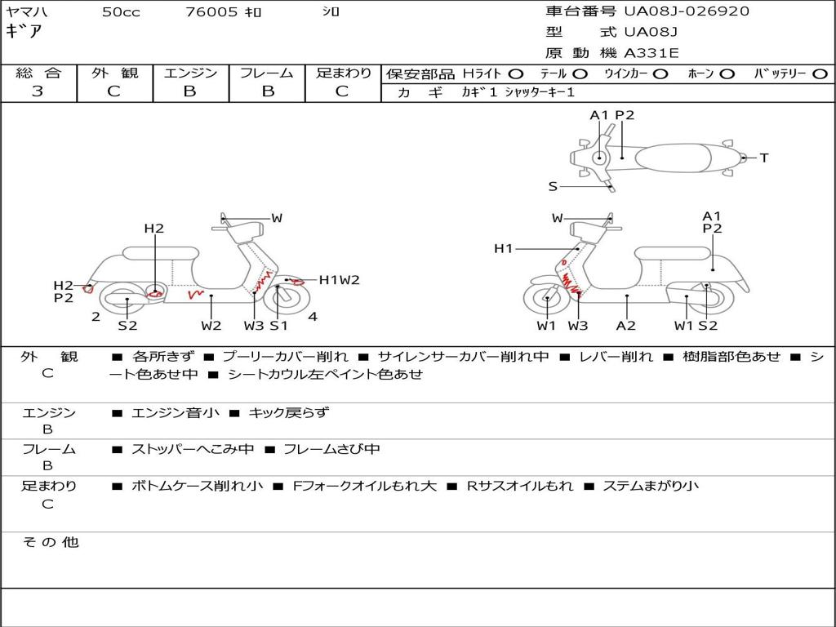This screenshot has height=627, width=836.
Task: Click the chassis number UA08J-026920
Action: pyautogui.click(x=687, y=11)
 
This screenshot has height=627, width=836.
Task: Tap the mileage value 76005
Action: pyautogui.click(x=211, y=11)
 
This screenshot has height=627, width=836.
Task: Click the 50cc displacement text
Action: pyautogui.click(x=121, y=11)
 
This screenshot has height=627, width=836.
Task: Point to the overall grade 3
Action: pyautogui.click(x=38, y=91)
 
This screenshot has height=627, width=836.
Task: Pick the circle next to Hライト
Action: pyautogui.click(x=516, y=74)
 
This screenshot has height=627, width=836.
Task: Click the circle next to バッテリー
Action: pyautogui.click(x=820, y=74)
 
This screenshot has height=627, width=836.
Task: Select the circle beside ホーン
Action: pyautogui.click(x=727, y=74)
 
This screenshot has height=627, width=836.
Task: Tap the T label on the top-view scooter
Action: pyautogui.click(x=764, y=158)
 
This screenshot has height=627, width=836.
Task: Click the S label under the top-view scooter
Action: pyautogui.click(x=553, y=187)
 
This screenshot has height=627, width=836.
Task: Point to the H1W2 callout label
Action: pyautogui.click(x=339, y=280)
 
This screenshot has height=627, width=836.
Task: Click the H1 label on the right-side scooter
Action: pyautogui.click(x=503, y=248)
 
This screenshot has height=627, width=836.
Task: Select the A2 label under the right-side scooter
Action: pyautogui.click(x=626, y=325)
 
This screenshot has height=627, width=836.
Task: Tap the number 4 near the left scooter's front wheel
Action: pyautogui.click(x=313, y=317)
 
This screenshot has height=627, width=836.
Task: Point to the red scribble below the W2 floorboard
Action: pyautogui.click(x=196, y=293)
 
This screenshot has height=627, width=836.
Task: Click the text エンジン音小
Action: pyautogui.click(x=175, y=412)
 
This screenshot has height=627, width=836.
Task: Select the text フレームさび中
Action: pyautogui.click(x=331, y=450)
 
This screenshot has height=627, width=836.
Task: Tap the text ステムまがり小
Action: pyautogui.click(x=651, y=487)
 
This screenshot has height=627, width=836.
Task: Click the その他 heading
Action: pyautogui.click(x=50, y=542)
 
